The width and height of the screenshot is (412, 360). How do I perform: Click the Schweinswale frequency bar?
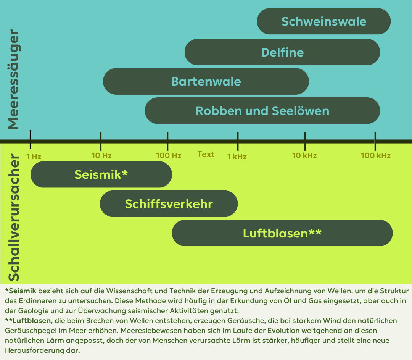[324, 21]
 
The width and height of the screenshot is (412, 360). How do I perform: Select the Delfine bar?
[282, 52]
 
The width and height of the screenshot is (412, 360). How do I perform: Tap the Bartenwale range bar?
[206, 81]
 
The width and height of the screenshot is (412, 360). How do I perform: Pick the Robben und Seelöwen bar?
[262, 110]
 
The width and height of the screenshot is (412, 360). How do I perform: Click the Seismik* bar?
[101, 174]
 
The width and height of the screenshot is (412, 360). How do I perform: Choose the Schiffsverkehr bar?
[169, 204]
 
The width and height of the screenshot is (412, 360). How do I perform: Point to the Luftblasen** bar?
[282, 233]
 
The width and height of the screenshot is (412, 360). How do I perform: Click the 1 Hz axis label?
[34, 157]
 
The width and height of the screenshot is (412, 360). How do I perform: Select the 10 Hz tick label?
[101, 155]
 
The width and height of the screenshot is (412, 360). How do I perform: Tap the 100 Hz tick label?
[169, 155]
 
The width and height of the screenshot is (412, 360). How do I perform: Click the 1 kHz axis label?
[237, 157]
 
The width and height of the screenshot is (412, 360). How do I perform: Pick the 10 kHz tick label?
[304, 155]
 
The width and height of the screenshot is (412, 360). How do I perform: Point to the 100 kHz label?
[376, 155]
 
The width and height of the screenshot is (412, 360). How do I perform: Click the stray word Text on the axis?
[206, 154]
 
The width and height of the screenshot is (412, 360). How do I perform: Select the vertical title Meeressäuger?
[13, 79]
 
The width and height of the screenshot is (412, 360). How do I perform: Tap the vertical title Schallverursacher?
[14, 218]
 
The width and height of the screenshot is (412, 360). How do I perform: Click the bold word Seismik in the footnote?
[23, 291]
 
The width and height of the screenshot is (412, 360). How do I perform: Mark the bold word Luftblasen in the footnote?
[32, 321]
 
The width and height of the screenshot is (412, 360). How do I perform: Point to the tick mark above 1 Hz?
[31, 139]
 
